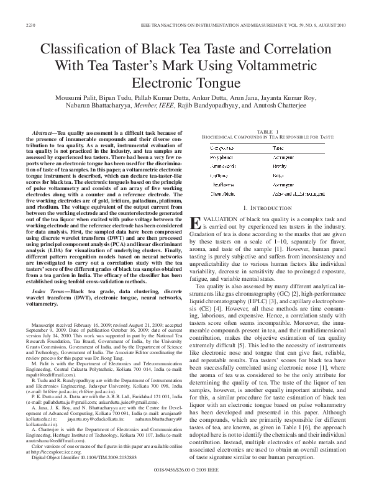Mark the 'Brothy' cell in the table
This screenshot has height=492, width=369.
point(280,167)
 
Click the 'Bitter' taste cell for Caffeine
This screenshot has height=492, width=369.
point(278,176)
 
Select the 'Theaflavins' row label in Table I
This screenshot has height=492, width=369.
point(226,184)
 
